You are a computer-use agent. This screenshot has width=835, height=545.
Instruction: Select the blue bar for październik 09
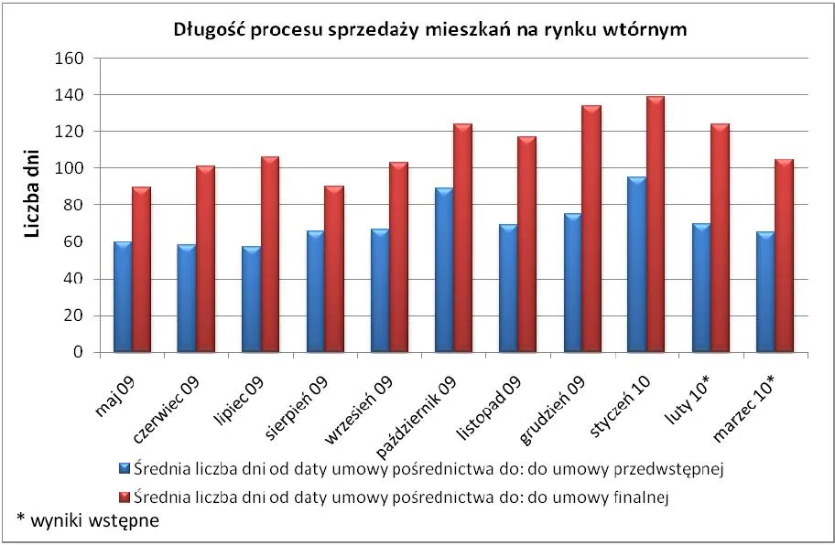click(x=444, y=271)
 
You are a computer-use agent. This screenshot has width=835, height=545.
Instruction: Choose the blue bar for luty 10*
click(x=701, y=288)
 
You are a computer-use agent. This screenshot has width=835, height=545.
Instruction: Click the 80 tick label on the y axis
click(x=76, y=206)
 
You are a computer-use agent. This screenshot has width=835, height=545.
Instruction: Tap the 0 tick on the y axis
click(x=80, y=353)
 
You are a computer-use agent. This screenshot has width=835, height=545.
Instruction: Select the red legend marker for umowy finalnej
click(x=125, y=498)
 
